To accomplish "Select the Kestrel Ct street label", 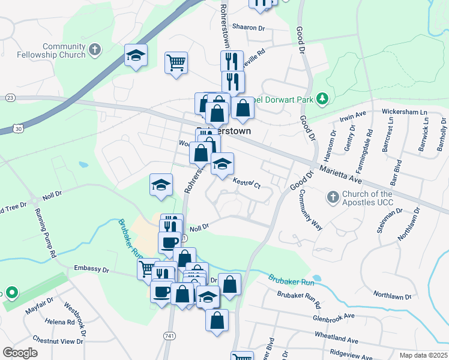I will (x=246, y=182).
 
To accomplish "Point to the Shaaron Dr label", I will (x=249, y=28).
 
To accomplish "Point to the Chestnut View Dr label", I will (x=58, y=341).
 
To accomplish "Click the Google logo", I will (x=20, y=353).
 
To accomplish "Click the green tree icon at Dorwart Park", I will (x=322, y=97).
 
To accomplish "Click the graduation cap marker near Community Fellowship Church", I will (x=136, y=56).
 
